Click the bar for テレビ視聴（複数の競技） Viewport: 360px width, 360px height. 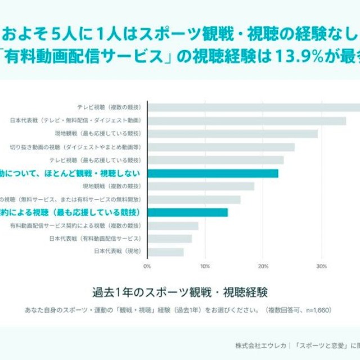253,107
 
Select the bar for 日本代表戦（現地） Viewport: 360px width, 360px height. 165,251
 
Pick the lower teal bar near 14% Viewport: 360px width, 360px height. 187,212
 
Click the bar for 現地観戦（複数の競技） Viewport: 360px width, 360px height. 200,186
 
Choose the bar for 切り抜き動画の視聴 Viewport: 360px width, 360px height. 220,147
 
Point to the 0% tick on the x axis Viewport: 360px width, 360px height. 147,266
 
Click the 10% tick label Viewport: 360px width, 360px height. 205,266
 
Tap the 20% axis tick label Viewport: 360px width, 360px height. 263,266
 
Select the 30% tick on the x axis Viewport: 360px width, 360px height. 321,266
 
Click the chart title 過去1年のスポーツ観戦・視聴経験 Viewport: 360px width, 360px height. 180,292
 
